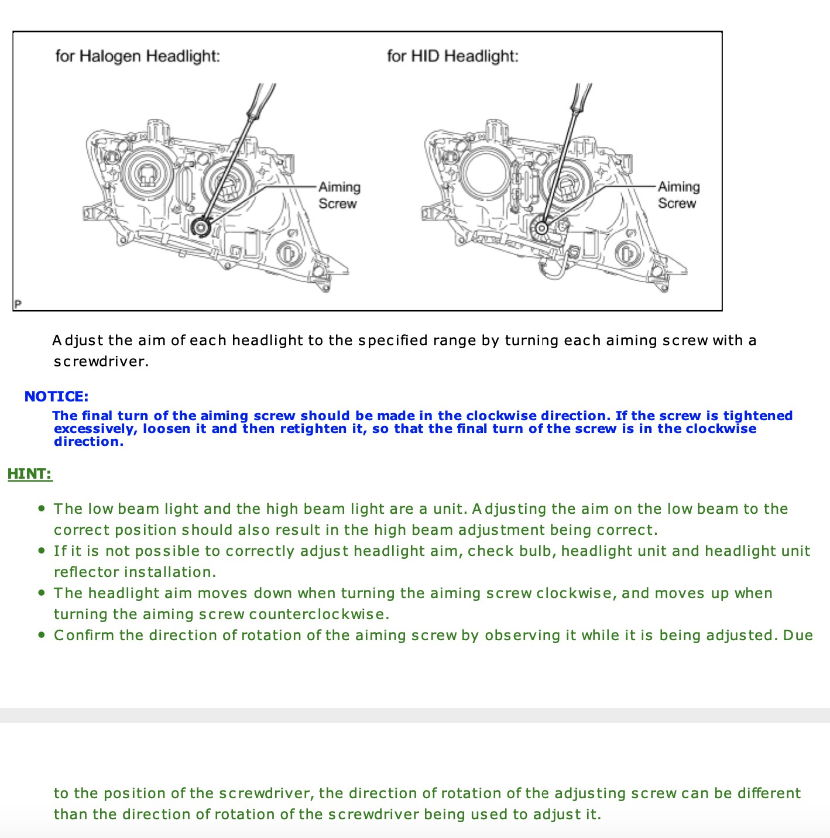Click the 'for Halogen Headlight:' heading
coord(138,56)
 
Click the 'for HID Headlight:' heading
coord(452,56)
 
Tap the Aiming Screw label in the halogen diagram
coord(339,195)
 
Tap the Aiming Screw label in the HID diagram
coord(678,195)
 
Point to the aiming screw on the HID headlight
coord(542,227)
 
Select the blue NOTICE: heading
coord(56,397)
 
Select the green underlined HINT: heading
coord(30,474)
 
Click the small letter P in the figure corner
coord(18,304)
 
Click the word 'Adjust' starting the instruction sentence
coord(77,341)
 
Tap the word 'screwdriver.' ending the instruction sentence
coord(101,362)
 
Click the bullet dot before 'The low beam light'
coord(41,509)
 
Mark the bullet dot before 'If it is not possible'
coord(41,551)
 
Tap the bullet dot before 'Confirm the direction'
coord(41,635)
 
